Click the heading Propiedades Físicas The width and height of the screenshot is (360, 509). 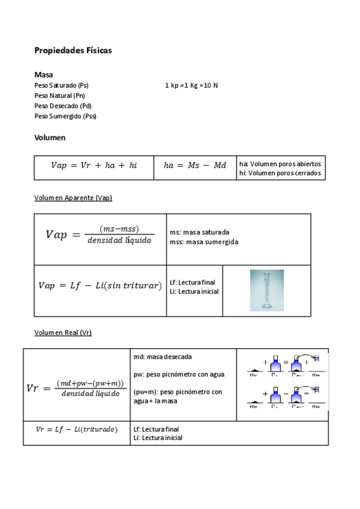73,50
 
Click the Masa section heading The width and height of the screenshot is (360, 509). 44,75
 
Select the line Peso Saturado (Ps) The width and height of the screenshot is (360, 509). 62,86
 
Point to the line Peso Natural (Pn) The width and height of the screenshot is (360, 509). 61,96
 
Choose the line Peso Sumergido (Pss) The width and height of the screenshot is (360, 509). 65,116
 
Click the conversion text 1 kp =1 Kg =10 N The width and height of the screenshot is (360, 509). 191,86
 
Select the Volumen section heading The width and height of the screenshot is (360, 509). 50,137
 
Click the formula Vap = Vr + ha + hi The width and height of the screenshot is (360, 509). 94,166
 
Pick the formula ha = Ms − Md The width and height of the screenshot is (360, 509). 195,166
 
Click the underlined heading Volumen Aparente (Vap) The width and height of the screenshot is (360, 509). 73,198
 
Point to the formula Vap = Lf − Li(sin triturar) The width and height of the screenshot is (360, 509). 100,286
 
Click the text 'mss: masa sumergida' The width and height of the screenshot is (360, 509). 204,242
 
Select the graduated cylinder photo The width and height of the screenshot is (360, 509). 266,290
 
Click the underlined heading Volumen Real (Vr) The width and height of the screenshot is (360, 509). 63,333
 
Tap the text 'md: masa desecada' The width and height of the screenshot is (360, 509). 163,357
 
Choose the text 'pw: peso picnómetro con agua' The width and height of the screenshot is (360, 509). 179,374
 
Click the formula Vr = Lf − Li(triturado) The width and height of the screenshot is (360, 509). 77,429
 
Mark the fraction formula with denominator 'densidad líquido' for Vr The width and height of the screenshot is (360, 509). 76,388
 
